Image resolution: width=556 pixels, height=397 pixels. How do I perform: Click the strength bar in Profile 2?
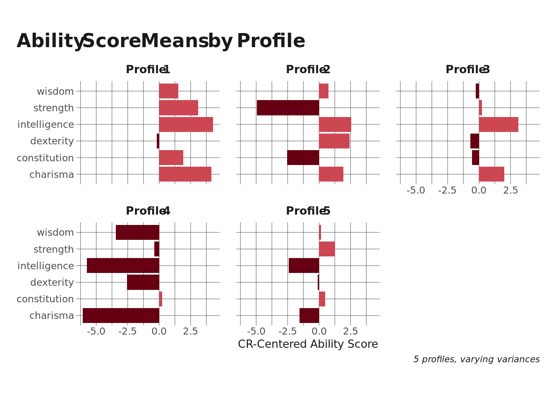pos(288,108)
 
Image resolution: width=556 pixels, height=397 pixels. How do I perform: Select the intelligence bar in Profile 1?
pos(186,124)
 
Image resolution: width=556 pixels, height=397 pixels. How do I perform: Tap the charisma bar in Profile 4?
pos(121,316)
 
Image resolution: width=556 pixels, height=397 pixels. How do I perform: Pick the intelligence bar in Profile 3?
pos(498,124)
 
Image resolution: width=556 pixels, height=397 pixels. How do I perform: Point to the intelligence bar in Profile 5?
pos(304,265)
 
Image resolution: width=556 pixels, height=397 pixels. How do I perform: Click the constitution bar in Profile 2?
pos(303,158)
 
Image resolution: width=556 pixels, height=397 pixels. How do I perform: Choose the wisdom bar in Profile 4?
pos(137,232)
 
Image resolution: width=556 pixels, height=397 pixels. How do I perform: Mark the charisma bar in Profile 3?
pos(491,174)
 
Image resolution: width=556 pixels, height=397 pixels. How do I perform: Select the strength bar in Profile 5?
pos(327,249)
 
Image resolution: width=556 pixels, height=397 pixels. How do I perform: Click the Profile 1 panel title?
pos(148,70)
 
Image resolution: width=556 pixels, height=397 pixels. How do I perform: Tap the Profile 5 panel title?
pos(308,211)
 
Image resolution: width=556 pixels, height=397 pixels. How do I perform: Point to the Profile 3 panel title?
pos(467,70)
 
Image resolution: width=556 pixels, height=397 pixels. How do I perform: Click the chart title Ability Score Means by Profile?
pos(161,41)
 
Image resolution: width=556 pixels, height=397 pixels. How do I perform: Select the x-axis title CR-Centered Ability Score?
pos(308,344)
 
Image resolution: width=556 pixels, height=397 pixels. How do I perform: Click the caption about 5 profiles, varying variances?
pos(476,359)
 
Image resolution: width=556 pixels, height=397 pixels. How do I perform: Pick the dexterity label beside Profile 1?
pos(52,141)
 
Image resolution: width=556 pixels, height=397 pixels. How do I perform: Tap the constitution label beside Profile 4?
pos(45,299)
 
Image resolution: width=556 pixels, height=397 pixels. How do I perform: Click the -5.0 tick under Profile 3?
pos(416,191)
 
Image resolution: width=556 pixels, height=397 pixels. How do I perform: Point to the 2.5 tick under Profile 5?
pos(350,332)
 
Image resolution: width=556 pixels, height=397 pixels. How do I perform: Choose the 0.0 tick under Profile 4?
pos(159,332)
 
